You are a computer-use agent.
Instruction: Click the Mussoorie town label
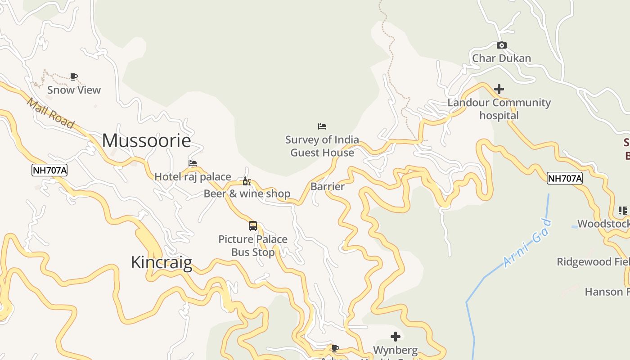coord(146,141)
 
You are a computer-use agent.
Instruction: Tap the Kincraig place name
coord(162,262)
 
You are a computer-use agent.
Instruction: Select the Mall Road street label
coord(50,113)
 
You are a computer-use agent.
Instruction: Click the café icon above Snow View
coord(74,77)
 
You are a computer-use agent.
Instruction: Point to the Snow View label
coord(74,90)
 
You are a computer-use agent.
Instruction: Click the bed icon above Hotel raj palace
coord(193,163)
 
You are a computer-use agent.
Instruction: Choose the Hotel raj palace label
coord(193,177)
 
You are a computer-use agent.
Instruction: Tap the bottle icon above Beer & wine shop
coord(247,181)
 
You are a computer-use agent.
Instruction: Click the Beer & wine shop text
coord(247,194)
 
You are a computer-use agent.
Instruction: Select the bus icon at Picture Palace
coord(253,226)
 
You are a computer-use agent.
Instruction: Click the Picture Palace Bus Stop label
coord(253,246)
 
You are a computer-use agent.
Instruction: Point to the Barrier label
coord(328,186)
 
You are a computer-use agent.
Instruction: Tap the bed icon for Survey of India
coord(322,126)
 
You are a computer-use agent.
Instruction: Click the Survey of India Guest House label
coord(322,146)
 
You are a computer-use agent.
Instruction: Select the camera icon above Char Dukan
coord(501,45)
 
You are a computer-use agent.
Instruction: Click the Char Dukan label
coord(501,58)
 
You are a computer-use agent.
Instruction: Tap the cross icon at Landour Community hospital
coord(499,89)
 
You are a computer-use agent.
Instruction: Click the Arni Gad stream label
coord(527,243)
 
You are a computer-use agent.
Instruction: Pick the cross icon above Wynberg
coord(396,337)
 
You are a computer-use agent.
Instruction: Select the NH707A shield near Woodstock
coord(565,179)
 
